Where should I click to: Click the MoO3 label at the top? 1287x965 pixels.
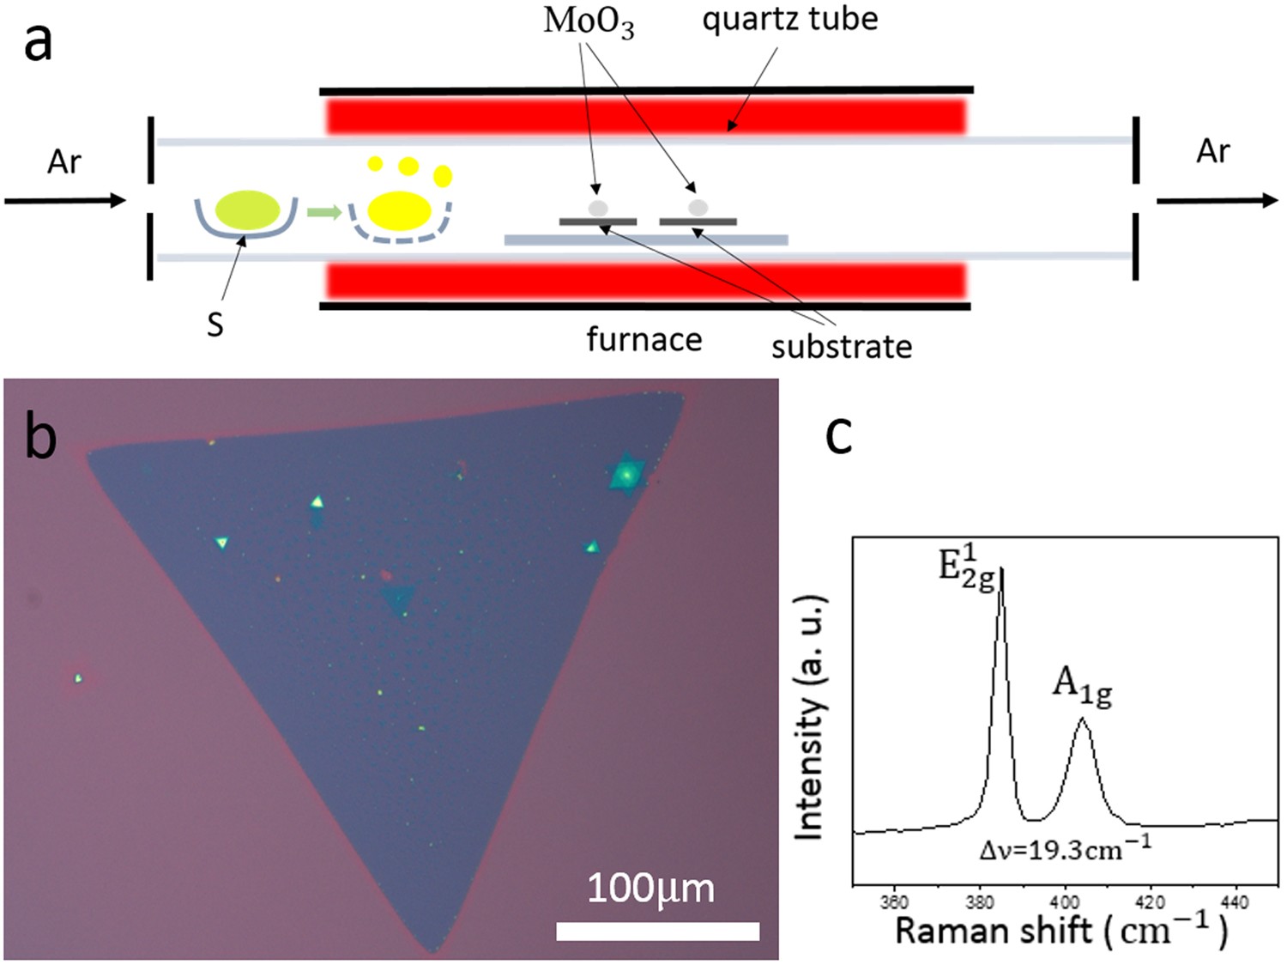[x=589, y=21]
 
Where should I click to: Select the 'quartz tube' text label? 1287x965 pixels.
[x=789, y=19]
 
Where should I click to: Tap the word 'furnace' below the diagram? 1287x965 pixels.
[x=643, y=339]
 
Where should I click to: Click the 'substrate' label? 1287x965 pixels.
[x=841, y=347]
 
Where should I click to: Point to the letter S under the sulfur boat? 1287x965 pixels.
[x=215, y=325]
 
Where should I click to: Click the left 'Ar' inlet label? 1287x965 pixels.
[x=64, y=161]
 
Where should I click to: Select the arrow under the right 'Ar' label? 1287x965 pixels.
[x=1217, y=200]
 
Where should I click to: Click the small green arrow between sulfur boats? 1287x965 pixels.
[x=323, y=211]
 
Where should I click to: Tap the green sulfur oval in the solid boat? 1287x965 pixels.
[x=247, y=210]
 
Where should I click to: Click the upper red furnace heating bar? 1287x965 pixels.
[x=645, y=116]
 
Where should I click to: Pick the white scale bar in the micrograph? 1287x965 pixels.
[x=657, y=931]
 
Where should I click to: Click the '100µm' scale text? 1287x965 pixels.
[x=650, y=889]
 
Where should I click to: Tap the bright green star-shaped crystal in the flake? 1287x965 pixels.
[x=626, y=474]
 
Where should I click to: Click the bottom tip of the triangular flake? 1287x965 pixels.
[x=432, y=949]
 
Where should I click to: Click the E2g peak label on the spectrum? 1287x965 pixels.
[x=966, y=567]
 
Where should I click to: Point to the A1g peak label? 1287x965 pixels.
[x=1082, y=688]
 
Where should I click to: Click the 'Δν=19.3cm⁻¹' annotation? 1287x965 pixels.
[x=1065, y=848]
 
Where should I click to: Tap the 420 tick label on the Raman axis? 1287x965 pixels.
[x=1150, y=902]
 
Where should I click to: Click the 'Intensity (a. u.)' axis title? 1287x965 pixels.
[x=810, y=716]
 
